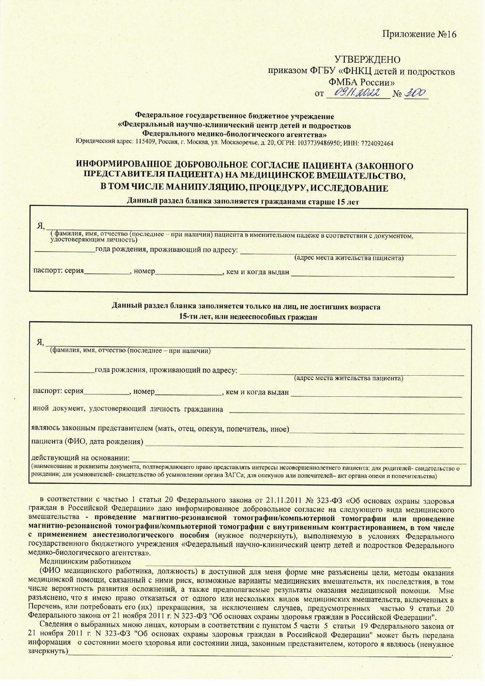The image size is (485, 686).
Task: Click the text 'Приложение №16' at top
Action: (419, 34)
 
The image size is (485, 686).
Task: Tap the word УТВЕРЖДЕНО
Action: (367, 60)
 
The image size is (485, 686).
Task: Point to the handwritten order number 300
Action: (415, 93)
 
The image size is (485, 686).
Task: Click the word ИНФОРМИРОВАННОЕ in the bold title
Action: (124, 166)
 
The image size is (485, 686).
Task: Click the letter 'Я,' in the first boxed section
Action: (41, 226)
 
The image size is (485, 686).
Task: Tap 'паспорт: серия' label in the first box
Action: (58, 271)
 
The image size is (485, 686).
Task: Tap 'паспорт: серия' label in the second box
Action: (58, 391)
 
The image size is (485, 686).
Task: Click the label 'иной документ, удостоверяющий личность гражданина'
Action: (128, 409)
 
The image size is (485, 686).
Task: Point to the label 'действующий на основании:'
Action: (80, 458)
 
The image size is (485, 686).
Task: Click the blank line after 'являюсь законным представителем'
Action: (377, 430)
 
